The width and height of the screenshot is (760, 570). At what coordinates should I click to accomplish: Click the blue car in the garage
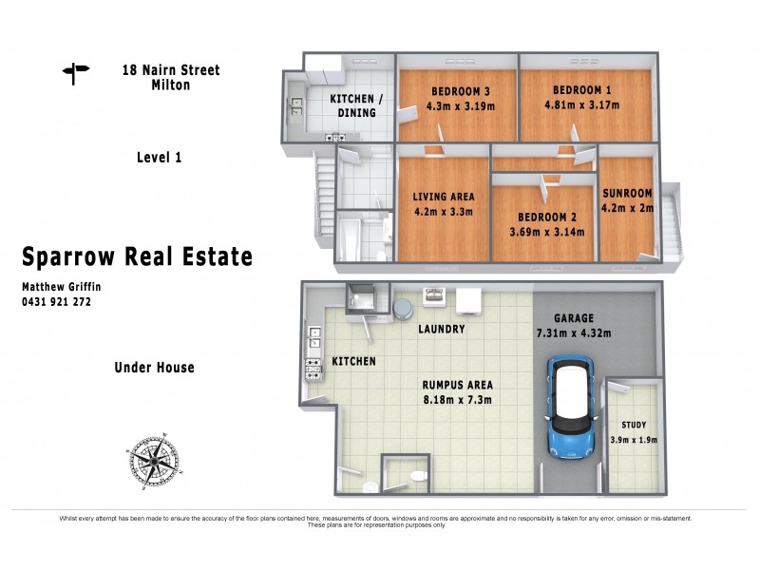[571, 409]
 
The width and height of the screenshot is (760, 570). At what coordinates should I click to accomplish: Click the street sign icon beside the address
[74, 72]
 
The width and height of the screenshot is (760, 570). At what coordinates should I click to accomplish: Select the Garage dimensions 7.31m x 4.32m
[572, 332]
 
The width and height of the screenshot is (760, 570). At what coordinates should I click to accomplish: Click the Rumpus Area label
[458, 386]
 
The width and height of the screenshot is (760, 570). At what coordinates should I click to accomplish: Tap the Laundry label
[441, 330]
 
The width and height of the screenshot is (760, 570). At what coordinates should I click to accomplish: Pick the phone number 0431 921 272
[56, 301]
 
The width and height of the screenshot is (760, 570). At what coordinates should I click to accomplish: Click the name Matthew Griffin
[62, 286]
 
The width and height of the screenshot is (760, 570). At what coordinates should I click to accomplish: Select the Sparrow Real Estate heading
[137, 256]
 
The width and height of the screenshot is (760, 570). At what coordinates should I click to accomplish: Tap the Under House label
[154, 368]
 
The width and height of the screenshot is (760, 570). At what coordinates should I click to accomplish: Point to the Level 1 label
[159, 158]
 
